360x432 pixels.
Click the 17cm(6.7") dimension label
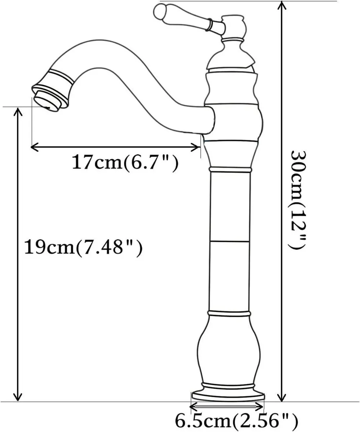click(x=125, y=162)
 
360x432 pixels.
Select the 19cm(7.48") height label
click(x=83, y=248)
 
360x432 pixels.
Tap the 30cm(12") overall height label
click(x=299, y=200)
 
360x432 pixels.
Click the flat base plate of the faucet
click(x=228, y=395)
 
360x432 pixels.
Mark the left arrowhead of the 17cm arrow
click(x=33, y=147)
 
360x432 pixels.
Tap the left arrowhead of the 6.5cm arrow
click(x=192, y=407)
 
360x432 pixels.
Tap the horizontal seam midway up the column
click(x=230, y=240)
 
